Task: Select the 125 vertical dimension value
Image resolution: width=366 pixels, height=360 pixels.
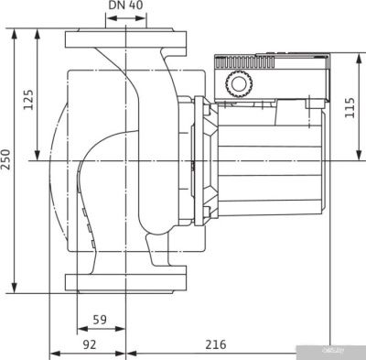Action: (x=28, y=98)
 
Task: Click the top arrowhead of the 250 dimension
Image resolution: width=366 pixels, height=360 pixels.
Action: (x=16, y=33)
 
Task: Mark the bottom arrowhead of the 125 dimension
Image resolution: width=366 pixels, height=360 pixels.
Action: (x=38, y=158)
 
